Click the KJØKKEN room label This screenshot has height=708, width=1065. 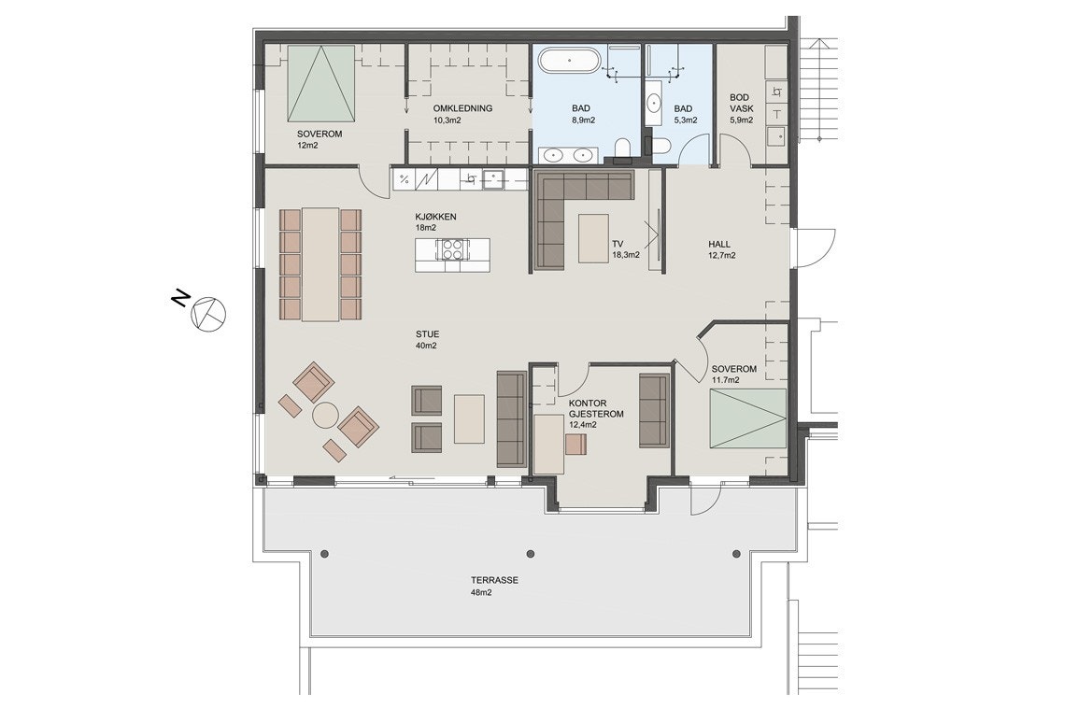click(435, 218)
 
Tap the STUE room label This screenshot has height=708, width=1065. click(427, 334)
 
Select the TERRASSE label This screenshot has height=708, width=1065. click(494, 580)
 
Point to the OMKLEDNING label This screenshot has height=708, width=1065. click(462, 108)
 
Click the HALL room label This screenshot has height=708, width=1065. click(719, 245)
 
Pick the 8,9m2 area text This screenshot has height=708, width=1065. click(584, 120)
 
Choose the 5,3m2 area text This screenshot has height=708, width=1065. click(685, 120)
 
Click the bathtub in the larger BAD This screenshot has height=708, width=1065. click(569, 60)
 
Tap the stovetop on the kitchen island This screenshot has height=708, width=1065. click(452, 250)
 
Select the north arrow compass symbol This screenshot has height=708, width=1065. click(207, 313)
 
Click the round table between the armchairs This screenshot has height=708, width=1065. click(325, 416)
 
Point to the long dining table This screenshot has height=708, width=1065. click(320, 264)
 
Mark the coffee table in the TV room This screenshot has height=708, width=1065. click(593, 238)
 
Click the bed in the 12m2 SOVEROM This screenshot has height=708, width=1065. click(320, 82)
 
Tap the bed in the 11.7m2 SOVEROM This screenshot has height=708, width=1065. click(747, 418)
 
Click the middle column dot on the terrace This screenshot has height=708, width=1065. click(532, 553)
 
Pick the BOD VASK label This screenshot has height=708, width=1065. click(742, 103)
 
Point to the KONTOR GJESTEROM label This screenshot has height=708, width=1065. click(596, 409)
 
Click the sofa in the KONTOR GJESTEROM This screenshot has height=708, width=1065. click(653, 411)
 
